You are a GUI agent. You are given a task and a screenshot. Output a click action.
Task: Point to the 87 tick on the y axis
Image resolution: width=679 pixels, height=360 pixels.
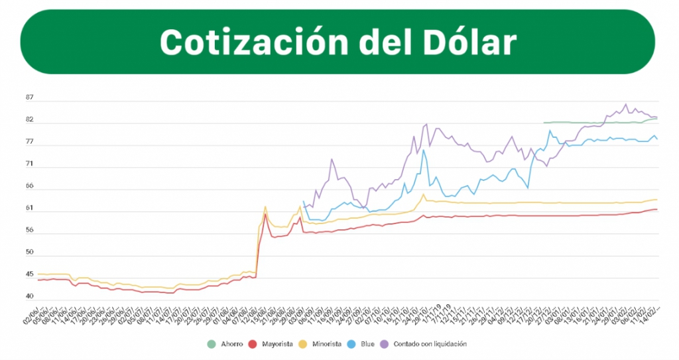(30, 98)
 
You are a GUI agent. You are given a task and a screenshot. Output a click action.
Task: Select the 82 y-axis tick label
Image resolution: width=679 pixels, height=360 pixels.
(30, 120)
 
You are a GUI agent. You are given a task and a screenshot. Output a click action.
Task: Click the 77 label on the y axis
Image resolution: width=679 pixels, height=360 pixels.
(30, 142)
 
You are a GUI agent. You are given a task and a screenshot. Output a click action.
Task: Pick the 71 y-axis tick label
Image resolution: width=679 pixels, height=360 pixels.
(30, 164)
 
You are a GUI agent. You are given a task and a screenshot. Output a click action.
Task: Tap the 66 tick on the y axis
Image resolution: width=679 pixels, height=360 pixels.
(30, 186)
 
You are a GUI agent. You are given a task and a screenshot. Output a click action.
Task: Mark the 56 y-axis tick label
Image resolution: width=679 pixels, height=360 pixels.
(30, 231)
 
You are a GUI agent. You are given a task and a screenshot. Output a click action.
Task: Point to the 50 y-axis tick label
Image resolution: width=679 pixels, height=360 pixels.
(30, 253)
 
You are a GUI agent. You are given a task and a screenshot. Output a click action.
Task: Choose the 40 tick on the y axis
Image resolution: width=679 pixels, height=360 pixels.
(30, 296)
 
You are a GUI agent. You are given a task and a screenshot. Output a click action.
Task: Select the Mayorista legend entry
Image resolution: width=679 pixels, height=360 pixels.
(276, 344)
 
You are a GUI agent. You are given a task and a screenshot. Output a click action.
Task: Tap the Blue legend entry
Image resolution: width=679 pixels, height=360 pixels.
(367, 344)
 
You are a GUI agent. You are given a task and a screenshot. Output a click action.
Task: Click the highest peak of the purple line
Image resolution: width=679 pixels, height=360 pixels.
(626, 104)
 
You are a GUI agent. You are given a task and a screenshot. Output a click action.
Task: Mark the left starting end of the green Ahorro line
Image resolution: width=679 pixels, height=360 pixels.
(544, 123)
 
